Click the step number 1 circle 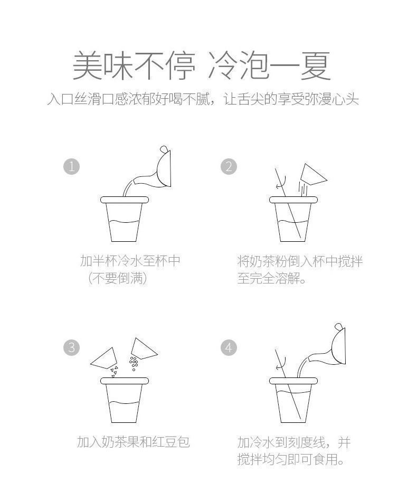click(x=71, y=167)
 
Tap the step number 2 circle click(x=229, y=167)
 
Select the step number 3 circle click(x=71, y=348)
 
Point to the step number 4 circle click(x=229, y=348)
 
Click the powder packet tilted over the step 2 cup click(x=313, y=175)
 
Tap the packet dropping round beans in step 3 click(x=143, y=349)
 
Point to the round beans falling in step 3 click(x=134, y=363)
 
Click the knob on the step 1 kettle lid click(x=164, y=149)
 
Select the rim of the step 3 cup click(x=125, y=381)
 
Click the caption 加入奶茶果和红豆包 click(x=134, y=442)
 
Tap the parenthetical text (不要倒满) click(x=117, y=278)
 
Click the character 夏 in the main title click(x=316, y=66)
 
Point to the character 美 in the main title click(x=87, y=66)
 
